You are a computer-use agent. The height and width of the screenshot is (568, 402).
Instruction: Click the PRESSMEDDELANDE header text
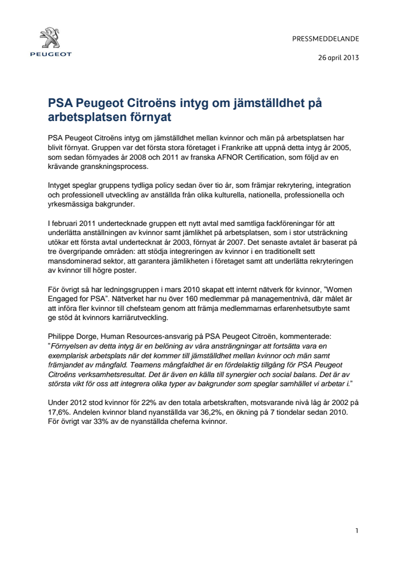pos(325,39)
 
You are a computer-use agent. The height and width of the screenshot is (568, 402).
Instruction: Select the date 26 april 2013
pos(338,58)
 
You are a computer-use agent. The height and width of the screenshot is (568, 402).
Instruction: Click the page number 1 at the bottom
pos(357,531)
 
